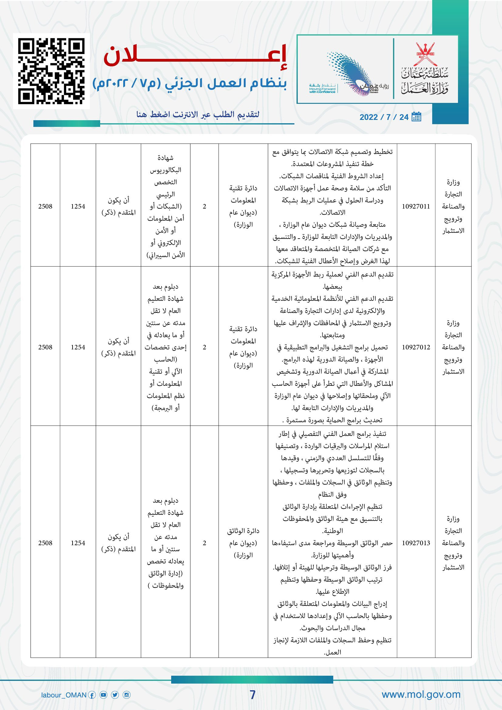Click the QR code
coord(51,71)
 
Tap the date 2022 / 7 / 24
coord(384,117)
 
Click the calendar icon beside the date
coord(416,117)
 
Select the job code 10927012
coord(416,347)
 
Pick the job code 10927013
coord(416,543)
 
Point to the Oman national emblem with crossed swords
coord(425,54)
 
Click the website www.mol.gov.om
coord(421,694)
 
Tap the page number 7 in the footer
coord(253,695)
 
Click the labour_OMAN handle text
coord(64,695)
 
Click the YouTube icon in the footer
coord(103,695)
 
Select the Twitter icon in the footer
coord(115,695)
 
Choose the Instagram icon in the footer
coord(127,695)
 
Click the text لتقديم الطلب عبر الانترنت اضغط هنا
coord(198,115)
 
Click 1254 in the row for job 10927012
coord(78,347)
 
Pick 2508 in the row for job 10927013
coord(45,543)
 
